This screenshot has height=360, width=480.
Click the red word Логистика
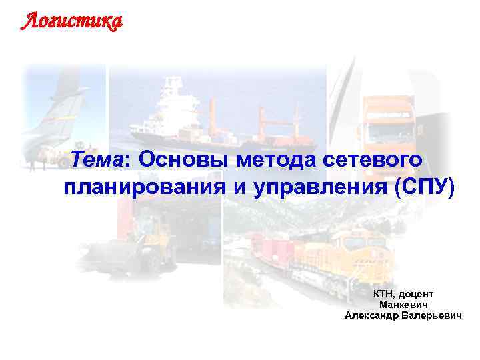[71, 22]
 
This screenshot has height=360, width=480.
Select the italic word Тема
[97, 161]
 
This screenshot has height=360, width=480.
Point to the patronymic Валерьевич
[431, 314]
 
